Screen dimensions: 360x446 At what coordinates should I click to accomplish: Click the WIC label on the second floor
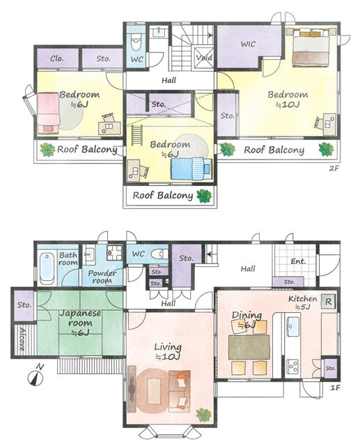pyautogui.click(x=248, y=44)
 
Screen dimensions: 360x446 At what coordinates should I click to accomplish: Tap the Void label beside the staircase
pyautogui.click(x=204, y=58)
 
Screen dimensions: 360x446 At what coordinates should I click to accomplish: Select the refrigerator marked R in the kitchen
pyautogui.click(x=328, y=302)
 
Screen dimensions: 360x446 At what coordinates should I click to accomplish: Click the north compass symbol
pyautogui.click(x=36, y=376)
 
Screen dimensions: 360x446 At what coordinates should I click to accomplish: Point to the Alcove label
pyautogui.click(x=22, y=339)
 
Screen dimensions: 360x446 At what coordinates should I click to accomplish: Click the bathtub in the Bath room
pyautogui.click(x=47, y=268)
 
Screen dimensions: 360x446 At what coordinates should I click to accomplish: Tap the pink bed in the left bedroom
pyautogui.click(x=48, y=113)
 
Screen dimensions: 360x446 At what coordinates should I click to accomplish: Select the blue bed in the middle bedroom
pyautogui.click(x=191, y=169)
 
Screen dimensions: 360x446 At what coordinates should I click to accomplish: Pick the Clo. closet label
pyautogui.click(x=57, y=59)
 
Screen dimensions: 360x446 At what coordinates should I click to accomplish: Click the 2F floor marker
pyautogui.click(x=334, y=168)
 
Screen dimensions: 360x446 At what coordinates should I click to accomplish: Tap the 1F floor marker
pyautogui.click(x=335, y=387)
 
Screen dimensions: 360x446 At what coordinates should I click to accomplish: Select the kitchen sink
pyautogui.click(x=292, y=325)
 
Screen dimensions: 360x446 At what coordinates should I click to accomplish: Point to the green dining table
pyautogui.click(x=249, y=347)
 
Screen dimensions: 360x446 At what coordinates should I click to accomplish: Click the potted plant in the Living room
pyautogui.click(x=203, y=415)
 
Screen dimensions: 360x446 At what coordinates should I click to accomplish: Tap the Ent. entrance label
pyautogui.click(x=298, y=261)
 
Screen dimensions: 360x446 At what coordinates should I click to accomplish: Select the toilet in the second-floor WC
pyautogui.click(x=136, y=43)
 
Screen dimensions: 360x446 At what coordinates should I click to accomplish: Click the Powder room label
pyautogui.click(x=102, y=277)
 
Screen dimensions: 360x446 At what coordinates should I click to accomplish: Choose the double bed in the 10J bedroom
pyautogui.click(x=311, y=47)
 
